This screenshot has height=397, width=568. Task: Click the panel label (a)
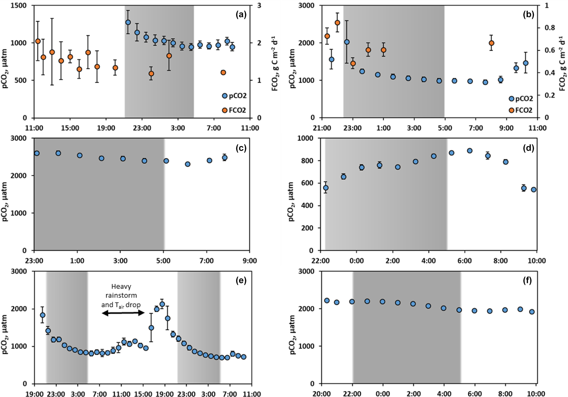point(241,15)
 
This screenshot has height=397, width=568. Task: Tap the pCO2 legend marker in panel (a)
point(225,96)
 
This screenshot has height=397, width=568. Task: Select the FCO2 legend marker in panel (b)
point(511,110)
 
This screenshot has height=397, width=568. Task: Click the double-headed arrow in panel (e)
point(123,313)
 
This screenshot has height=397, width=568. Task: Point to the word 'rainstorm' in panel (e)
point(121,296)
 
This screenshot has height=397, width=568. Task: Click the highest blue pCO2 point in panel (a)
point(128,22)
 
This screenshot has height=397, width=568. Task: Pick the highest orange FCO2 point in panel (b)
point(337,23)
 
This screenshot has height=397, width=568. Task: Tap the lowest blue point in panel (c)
point(188,164)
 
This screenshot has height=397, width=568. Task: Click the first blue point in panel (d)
point(326,188)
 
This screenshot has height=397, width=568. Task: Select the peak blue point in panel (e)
point(162,304)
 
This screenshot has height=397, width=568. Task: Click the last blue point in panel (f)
point(532,312)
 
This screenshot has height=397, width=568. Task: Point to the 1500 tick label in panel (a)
point(19,6)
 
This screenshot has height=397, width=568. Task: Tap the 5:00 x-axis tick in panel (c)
point(164,260)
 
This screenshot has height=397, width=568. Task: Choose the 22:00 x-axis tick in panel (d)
point(321,260)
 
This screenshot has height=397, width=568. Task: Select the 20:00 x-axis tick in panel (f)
point(321,394)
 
